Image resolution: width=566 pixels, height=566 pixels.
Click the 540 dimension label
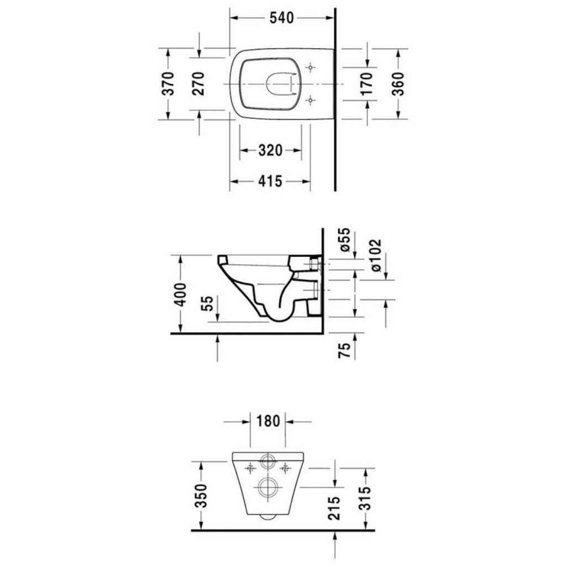[281, 18]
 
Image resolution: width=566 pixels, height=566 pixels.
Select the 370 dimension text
[169, 84]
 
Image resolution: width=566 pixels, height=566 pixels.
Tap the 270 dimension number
[198, 84]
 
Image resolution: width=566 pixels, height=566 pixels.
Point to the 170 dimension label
[366, 84]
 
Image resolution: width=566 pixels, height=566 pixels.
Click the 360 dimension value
[398, 84]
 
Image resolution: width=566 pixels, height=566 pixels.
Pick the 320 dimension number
[270, 150]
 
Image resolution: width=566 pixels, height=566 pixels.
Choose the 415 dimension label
[270, 181]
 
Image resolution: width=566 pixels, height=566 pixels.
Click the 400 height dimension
[181, 295]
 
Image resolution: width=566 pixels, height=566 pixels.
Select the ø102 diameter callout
[375, 255]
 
